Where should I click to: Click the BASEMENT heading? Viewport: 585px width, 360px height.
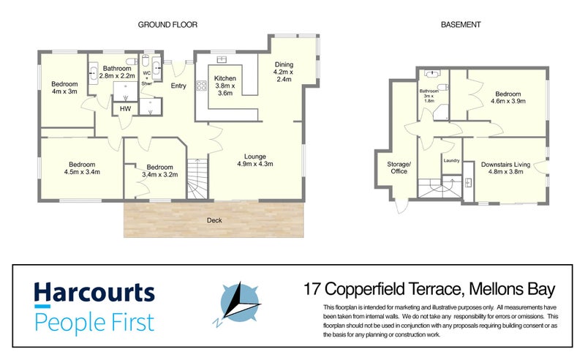[x=461, y=24]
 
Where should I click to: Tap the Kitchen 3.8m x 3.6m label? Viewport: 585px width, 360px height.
[x=224, y=86]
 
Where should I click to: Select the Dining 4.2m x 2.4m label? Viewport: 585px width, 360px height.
[x=283, y=72]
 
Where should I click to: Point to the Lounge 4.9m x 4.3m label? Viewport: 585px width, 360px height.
[x=255, y=160]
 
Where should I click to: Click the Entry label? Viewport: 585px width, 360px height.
[x=178, y=86]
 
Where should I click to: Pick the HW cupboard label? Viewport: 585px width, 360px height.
[x=125, y=109]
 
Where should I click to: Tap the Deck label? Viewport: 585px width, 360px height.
[x=214, y=220]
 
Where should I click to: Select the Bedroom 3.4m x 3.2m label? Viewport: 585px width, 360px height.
[x=159, y=170]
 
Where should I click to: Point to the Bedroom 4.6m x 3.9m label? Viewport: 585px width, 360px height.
[x=507, y=98]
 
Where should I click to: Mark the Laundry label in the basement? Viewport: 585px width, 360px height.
[x=450, y=160]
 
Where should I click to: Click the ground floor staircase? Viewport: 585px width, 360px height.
[x=197, y=179]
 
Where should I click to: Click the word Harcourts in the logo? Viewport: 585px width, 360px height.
[x=94, y=293]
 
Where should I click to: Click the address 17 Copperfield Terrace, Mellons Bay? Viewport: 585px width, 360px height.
[x=430, y=289]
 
